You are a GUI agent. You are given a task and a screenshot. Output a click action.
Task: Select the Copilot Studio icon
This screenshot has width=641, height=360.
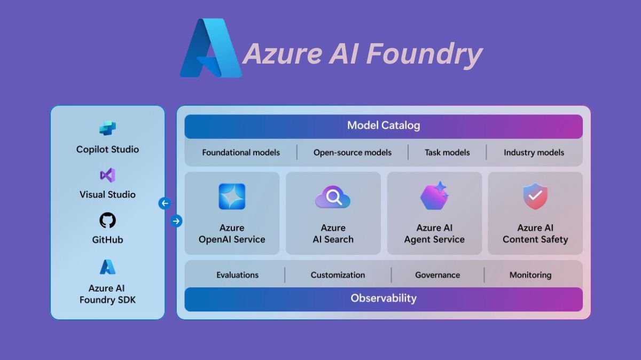107,129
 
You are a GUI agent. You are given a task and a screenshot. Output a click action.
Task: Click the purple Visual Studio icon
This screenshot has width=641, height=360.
107,175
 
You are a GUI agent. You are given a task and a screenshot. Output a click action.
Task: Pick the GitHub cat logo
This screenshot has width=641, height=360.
107,220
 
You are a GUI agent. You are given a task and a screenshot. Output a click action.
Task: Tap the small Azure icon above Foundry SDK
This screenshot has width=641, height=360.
107,267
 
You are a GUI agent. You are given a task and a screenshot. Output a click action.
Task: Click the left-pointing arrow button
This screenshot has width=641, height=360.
165,203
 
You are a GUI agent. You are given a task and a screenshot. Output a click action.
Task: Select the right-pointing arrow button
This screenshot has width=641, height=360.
176,221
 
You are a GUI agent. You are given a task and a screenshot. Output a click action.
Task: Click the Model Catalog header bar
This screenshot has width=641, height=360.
384,126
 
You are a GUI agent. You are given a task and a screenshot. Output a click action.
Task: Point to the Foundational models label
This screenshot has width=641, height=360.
241,152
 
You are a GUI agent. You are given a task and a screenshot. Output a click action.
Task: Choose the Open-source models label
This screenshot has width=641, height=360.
353,152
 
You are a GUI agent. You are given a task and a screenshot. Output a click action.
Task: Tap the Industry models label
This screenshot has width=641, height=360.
534,152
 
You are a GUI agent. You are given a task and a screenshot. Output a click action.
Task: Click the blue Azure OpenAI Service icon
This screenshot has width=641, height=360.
232,197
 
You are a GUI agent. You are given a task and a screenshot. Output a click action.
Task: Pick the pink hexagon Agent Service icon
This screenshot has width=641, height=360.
434,196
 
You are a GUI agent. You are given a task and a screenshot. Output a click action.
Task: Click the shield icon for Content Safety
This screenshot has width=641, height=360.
535,196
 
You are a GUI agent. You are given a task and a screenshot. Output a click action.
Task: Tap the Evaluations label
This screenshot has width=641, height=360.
237,275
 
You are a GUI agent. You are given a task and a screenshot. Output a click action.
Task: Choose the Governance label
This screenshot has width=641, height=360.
437,275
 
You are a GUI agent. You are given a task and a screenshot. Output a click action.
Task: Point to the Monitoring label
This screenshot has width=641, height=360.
530,275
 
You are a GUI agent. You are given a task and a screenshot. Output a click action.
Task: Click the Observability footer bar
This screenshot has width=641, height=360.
384,299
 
